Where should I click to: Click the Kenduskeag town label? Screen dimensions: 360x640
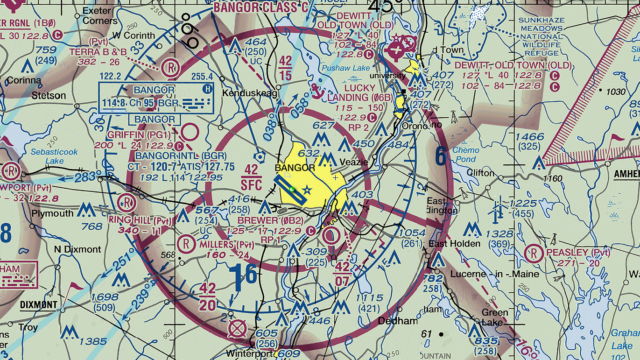(250, 93)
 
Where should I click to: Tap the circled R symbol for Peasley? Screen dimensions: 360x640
(534, 254)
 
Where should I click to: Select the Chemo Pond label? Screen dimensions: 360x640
(465, 155)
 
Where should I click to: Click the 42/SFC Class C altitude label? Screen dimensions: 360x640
(251, 176)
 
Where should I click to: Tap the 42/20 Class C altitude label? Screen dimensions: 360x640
(207, 297)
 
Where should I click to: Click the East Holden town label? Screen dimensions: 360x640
(454, 244)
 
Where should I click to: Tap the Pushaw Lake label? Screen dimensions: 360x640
(345, 68)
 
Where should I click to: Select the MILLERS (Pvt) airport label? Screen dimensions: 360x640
(223, 245)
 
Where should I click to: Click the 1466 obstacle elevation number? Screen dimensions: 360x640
(530, 137)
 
